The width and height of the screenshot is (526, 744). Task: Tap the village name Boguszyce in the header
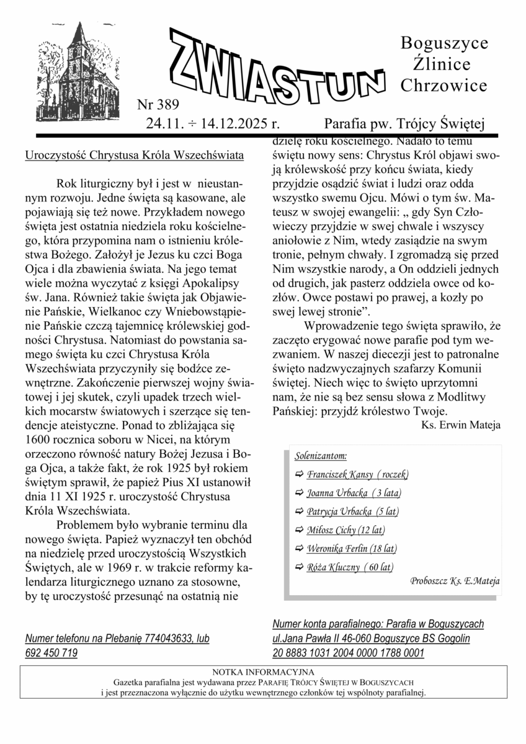[x=444, y=43]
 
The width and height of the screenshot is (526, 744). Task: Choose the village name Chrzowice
[x=444, y=86]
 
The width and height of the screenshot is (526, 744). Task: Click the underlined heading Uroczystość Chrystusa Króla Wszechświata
[x=135, y=154]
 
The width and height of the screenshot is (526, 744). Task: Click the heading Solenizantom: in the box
[x=321, y=456]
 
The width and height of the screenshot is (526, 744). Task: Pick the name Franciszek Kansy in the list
[x=339, y=475]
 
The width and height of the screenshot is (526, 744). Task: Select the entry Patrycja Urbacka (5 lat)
[x=352, y=512]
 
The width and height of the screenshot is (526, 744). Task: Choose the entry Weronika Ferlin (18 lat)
[x=352, y=549]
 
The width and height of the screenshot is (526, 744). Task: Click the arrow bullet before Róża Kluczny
[x=300, y=567]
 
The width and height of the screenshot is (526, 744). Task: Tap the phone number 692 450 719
[x=51, y=653]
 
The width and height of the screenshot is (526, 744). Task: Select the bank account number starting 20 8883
[x=348, y=653]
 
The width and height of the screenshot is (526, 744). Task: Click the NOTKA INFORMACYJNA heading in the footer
[x=263, y=672]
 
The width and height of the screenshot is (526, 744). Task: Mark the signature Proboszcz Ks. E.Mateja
[x=455, y=582]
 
